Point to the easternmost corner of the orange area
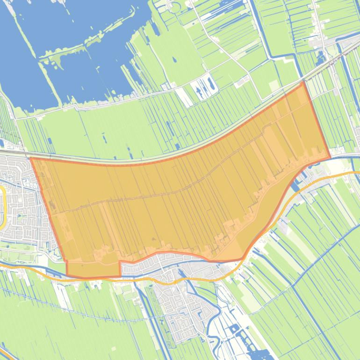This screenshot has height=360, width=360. click(x=330, y=158)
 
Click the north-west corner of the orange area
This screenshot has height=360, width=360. click(x=31, y=158)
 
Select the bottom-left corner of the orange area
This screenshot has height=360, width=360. click(x=67, y=275)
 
